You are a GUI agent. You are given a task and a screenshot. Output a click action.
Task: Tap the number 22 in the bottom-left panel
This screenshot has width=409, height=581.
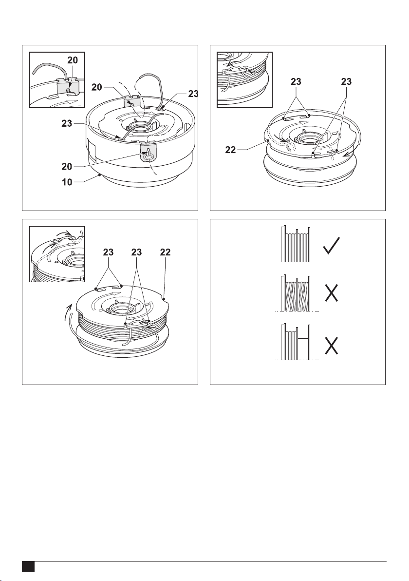[x=164, y=253]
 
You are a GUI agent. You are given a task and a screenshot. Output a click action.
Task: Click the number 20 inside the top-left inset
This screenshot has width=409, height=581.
[x=72, y=60]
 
